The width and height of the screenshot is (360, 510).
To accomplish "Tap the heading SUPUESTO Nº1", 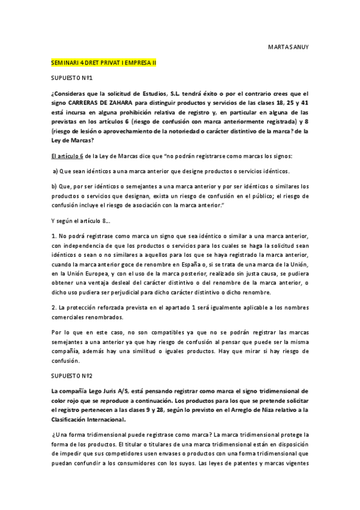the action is tap(71, 78).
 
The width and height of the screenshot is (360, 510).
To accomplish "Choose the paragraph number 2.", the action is tap(53, 307).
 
